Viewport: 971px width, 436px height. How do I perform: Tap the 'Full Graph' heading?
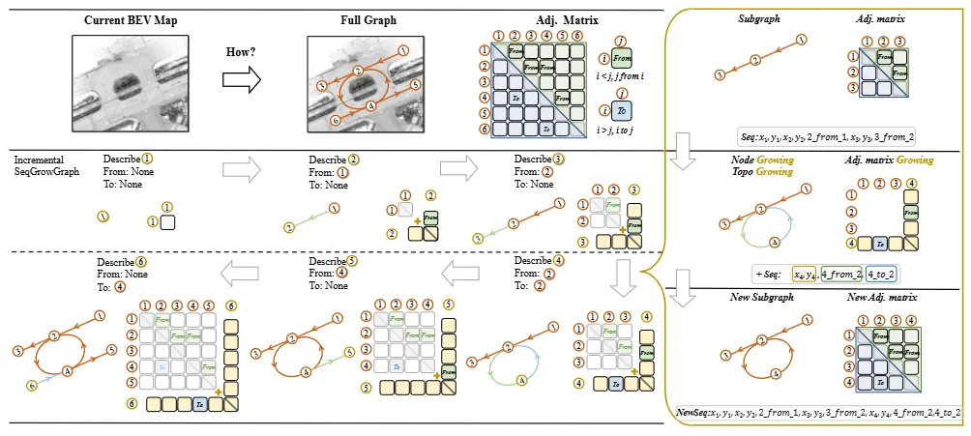[364, 19]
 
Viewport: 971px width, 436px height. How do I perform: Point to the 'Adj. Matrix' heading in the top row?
[534, 19]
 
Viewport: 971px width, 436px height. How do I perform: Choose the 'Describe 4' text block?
[537, 274]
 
